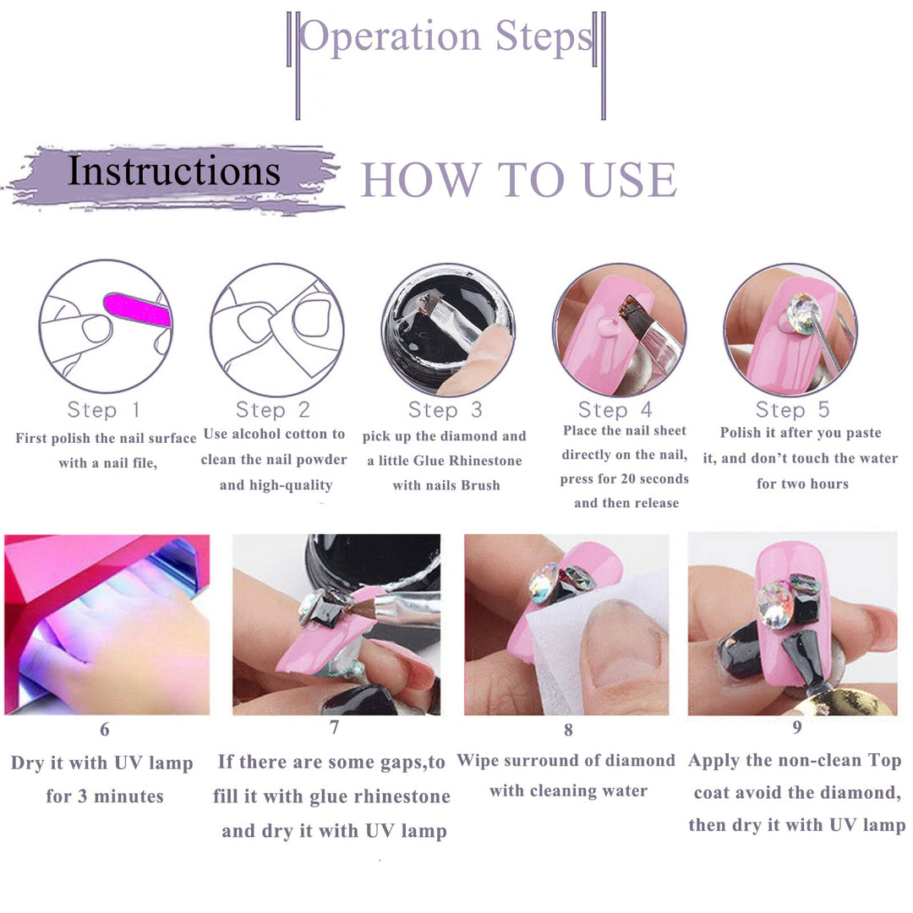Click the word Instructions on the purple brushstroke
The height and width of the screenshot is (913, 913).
[x=174, y=172]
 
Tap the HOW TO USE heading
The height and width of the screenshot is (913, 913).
[x=519, y=179]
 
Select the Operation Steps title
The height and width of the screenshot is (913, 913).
[x=446, y=37]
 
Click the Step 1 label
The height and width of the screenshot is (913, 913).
[x=104, y=410]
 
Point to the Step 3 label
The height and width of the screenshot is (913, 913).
[x=446, y=410]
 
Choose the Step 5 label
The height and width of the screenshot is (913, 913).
[x=792, y=409]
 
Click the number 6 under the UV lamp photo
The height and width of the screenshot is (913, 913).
[x=105, y=729]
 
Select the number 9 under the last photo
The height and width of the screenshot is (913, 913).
[x=797, y=727]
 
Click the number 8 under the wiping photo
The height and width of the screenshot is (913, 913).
[x=568, y=730]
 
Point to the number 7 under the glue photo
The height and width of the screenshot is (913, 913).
[x=334, y=727]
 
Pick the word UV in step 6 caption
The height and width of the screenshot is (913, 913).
[x=128, y=763]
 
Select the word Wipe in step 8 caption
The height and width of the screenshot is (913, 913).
[x=478, y=761]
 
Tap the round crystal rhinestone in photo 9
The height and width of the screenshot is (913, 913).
[x=774, y=605]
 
